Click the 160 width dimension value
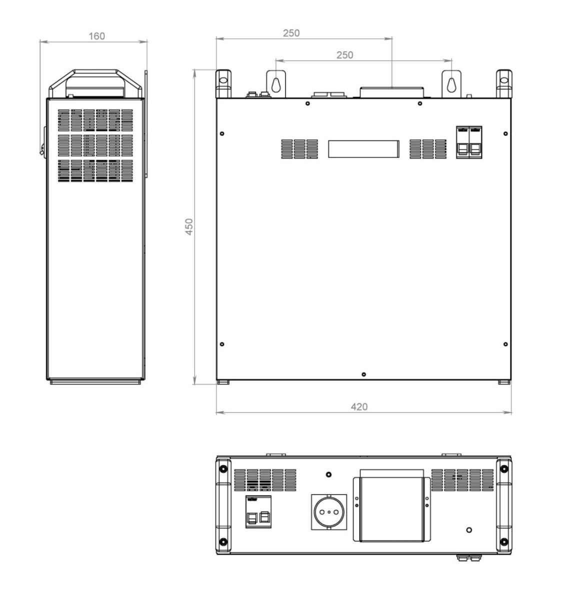[96, 36]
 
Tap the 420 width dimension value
[358, 406]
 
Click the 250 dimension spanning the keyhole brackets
[344, 55]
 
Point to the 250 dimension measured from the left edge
[291, 33]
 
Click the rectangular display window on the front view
[363, 149]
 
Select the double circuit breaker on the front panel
[468, 143]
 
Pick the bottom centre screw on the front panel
[363, 374]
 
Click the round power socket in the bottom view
[328, 511]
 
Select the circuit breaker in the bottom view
[258, 512]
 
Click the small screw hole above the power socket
[328, 474]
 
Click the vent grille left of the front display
[299, 149]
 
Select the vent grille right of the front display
[427, 149]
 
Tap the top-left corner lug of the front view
[223, 82]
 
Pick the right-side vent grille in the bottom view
[462, 480]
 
